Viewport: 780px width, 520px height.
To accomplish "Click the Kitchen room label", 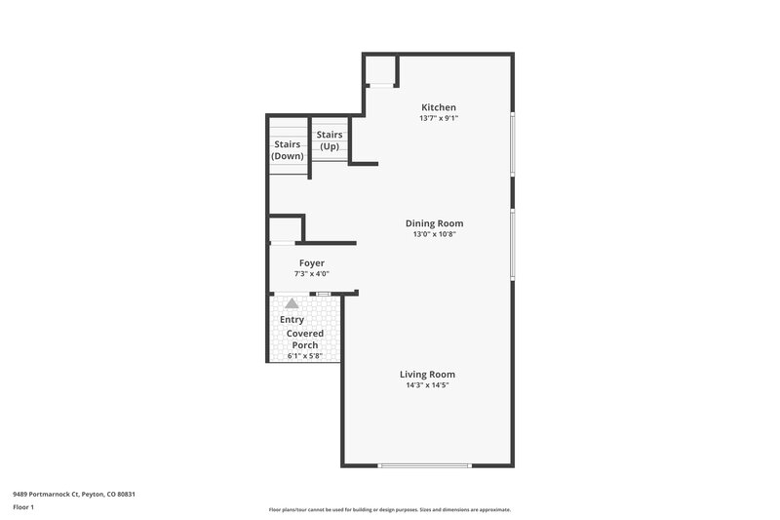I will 438,107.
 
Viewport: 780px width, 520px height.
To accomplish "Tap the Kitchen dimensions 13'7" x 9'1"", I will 438,118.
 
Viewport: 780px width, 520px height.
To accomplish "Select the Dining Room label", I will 434,223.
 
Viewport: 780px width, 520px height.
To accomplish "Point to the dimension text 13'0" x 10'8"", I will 434,234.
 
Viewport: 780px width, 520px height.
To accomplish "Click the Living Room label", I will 427,375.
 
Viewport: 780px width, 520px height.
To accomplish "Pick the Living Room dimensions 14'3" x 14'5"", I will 427,385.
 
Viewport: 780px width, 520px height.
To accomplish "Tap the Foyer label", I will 312,263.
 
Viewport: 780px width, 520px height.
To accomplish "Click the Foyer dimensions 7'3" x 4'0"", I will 312,274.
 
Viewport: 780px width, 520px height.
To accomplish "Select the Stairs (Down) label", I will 288,150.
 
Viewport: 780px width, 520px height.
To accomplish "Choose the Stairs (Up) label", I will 331,140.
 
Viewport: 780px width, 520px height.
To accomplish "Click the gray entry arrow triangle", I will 292,303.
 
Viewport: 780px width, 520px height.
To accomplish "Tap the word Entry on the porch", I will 292,319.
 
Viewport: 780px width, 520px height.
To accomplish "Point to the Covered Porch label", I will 305,340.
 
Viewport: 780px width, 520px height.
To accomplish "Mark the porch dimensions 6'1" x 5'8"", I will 305,355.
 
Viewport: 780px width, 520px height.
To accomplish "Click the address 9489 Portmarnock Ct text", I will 74,495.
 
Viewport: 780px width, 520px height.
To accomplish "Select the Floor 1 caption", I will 24,508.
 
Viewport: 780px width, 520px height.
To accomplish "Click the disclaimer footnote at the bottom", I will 390,509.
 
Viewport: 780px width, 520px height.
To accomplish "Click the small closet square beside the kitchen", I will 380,71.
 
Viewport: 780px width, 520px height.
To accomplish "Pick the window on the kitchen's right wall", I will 513,144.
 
